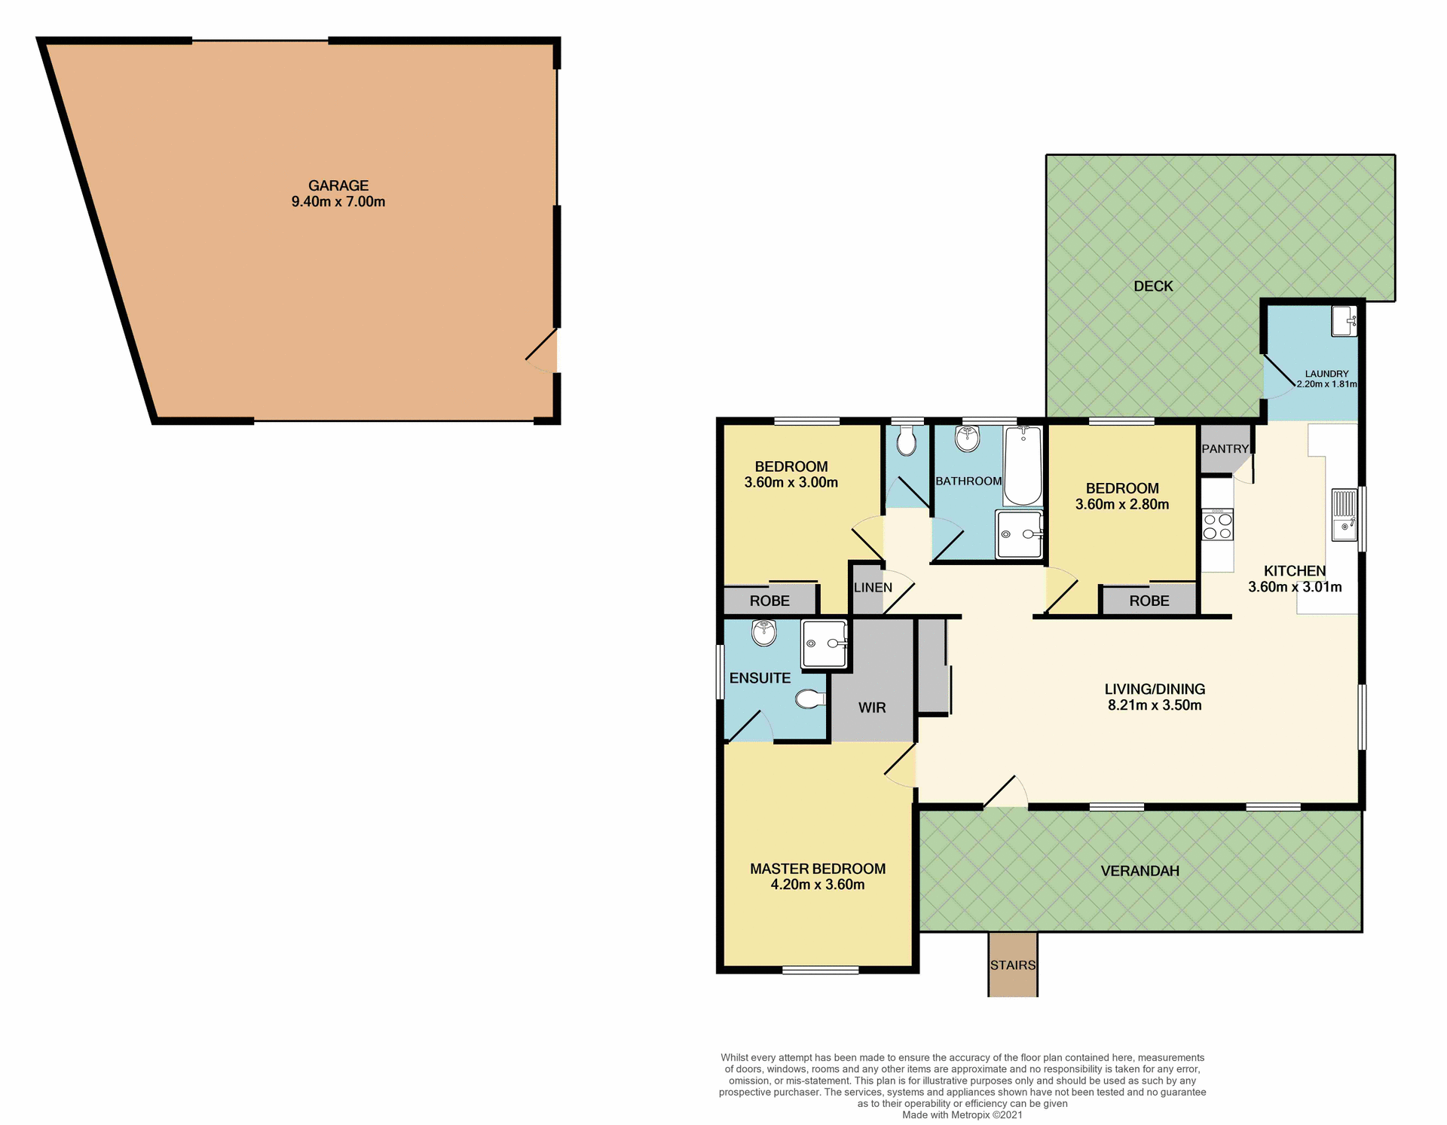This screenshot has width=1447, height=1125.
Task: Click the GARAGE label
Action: pos(338,185)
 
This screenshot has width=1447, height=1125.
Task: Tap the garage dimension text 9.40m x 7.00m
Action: pos(338,202)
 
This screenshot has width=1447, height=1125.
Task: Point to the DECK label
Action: pos(1153,286)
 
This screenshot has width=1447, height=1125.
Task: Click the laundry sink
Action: pos(1343,322)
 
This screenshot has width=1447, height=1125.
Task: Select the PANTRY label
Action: pos(1225,449)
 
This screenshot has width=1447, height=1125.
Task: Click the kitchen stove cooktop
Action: pos(1217,525)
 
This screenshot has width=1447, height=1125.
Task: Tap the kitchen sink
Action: pos(1344,515)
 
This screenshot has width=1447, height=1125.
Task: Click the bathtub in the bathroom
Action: pos(1023,466)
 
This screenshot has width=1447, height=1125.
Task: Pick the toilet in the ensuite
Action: pos(809,699)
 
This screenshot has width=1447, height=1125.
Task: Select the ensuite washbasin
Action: pos(763,632)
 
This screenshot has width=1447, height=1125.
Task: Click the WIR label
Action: pos(872,708)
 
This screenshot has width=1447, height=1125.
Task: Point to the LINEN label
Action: pos(873,588)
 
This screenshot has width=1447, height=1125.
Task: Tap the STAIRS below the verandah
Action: pos(1012,965)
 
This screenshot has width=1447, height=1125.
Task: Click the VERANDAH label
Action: pos(1140,871)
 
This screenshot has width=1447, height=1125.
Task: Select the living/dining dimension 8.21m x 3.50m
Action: pos(1154,706)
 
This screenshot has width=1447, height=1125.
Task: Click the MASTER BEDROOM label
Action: pos(818,869)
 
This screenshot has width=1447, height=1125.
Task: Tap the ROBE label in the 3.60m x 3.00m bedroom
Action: pos(769,601)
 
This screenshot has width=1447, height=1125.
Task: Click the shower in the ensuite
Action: pos(824,644)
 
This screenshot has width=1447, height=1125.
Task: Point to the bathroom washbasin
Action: pos(967,438)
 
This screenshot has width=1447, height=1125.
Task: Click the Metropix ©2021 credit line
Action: pos(962,1115)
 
